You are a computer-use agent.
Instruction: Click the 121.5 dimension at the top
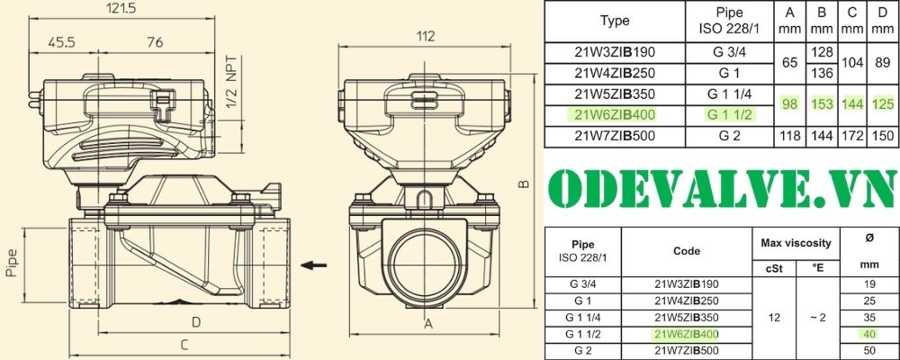(x=121, y=8)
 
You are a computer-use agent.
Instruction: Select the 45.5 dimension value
(x=61, y=42)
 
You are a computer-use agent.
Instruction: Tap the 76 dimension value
(x=155, y=42)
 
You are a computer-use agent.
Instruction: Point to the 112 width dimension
(x=425, y=36)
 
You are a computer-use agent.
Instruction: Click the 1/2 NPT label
(x=232, y=82)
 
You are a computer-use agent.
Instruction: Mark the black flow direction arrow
(x=314, y=265)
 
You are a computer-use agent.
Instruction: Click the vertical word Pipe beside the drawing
(x=12, y=263)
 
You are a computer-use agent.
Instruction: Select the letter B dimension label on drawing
(x=524, y=184)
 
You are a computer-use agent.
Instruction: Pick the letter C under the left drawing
(x=184, y=345)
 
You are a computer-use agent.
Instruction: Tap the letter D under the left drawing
(x=196, y=322)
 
